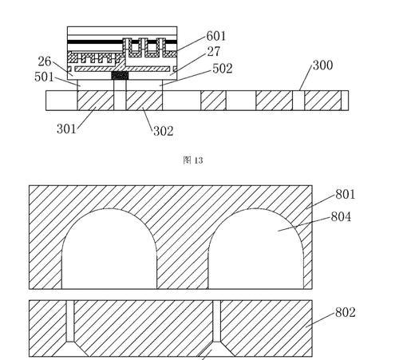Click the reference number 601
click(216, 36)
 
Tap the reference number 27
click(214, 52)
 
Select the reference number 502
click(223, 69)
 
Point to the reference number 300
click(322, 65)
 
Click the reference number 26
click(45, 61)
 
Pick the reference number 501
click(44, 77)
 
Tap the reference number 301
click(66, 129)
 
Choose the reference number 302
click(164, 131)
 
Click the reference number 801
click(346, 194)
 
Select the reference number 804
click(341, 217)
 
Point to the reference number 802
click(346, 312)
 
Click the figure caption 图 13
click(193, 160)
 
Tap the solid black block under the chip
click(120, 76)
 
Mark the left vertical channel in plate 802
click(70, 321)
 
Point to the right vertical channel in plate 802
click(217, 321)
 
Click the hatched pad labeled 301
click(96, 101)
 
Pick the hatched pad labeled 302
click(144, 101)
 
